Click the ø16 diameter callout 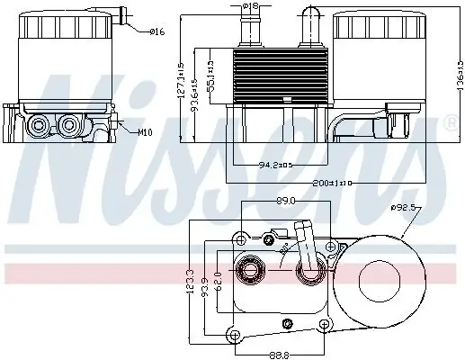point(157,32)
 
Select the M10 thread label point(145,132)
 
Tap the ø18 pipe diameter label point(250,7)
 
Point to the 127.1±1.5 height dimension point(181,80)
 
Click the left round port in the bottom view point(250,269)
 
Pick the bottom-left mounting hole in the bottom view point(234,336)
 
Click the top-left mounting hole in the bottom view point(240,238)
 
